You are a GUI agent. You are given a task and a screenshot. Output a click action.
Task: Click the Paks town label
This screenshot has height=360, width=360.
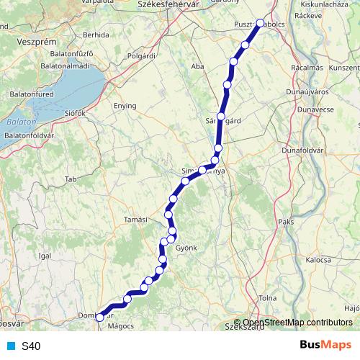pos(286,222)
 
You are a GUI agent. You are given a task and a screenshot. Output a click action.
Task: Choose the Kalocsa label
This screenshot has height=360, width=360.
pos(318,259)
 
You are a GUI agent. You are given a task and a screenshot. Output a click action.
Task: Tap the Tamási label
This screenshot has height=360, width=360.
pos(135,220)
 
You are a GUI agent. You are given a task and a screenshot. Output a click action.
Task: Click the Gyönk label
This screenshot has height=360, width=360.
pos(186,247)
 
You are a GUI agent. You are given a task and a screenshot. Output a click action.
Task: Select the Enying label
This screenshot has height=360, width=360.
pos(125,105)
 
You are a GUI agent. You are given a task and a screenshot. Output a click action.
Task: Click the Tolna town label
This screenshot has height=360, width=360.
pos(267,297)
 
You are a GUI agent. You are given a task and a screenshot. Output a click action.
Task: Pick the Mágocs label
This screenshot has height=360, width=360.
pos(121,326)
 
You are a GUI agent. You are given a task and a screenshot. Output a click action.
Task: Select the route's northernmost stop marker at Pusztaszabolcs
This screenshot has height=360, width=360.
pos(261,23)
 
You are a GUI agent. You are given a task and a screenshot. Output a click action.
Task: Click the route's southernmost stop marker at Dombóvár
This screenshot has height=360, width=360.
pos(99,317)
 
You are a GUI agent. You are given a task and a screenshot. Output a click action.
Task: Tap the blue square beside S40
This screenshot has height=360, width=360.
pos(9,346)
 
